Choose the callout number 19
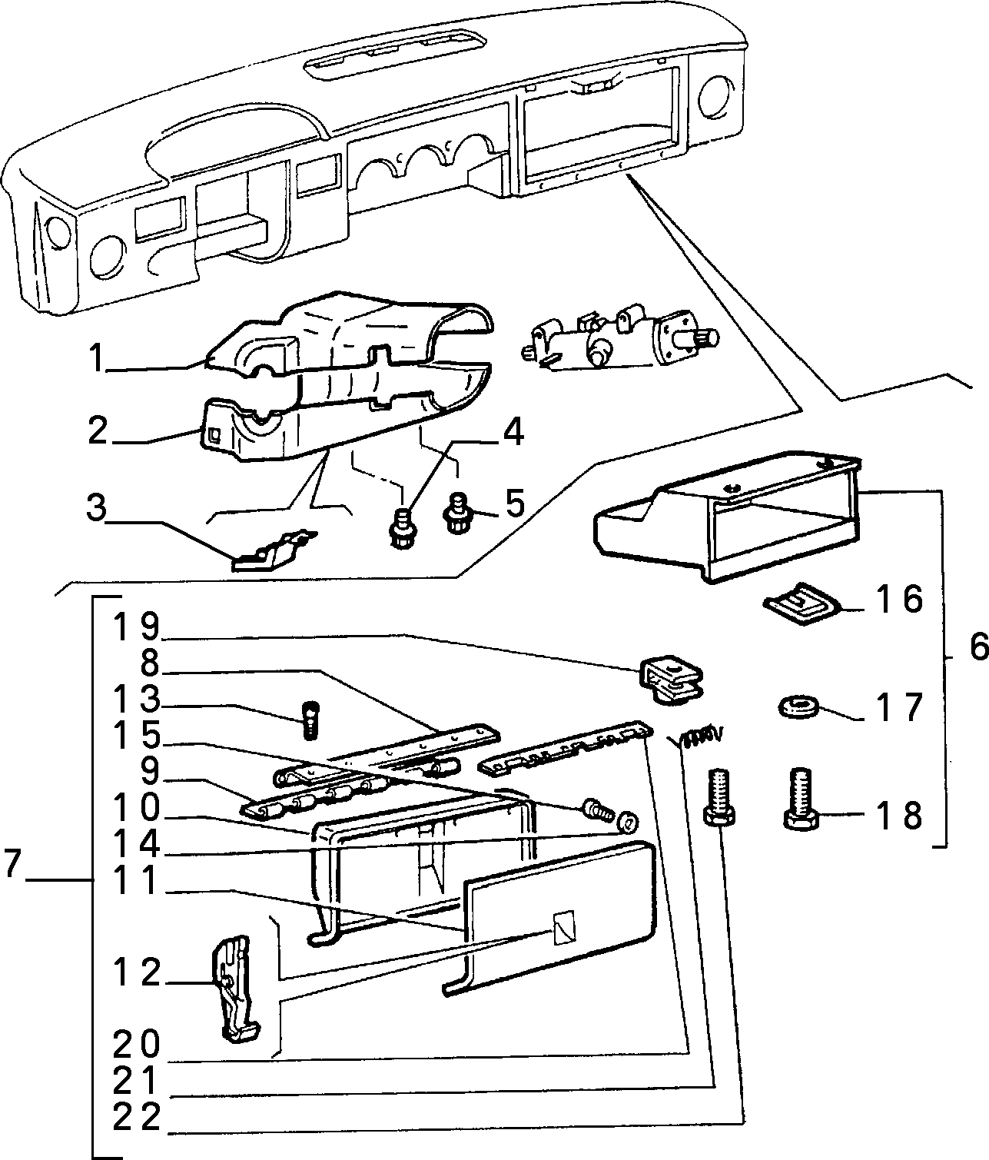(136, 627)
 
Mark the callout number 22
(136, 1117)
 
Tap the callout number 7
(12, 879)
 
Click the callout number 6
(978, 648)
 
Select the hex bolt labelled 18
(801, 799)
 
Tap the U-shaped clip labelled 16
(802, 604)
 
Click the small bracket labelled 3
(274, 550)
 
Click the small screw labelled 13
(310, 720)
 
